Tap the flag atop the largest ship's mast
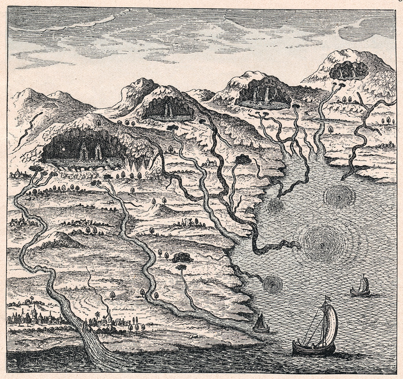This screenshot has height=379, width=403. (326, 299)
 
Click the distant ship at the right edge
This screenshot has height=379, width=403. (360, 287)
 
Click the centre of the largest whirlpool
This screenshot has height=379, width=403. (323, 244)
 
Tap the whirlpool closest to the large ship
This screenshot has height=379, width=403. (273, 284)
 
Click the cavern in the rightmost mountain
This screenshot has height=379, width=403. (349, 71)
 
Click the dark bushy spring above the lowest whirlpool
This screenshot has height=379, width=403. (182, 258)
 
